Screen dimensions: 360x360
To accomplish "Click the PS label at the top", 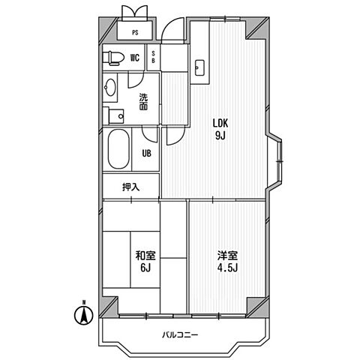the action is [135, 33].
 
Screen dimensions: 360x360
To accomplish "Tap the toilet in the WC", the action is [114, 58].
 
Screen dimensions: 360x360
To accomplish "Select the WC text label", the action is [134, 58].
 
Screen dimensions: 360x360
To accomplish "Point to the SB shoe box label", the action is [153, 57].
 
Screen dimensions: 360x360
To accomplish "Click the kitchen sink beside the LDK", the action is [199, 68].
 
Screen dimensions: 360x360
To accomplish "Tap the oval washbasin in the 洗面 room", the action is [110, 87].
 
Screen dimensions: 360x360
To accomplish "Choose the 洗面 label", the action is [143, 102].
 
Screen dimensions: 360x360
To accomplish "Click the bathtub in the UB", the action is [118, 149].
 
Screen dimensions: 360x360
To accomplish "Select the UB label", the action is [146, 153].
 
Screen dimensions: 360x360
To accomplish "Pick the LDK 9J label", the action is [220, 129].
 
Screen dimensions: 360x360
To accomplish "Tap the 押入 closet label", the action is [130, 187].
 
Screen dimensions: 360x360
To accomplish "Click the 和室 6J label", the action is [145, 261].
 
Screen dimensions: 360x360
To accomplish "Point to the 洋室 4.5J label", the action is [227, 261].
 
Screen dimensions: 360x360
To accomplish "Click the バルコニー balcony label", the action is [180, 334].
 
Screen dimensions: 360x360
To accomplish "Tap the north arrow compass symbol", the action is [84, 313].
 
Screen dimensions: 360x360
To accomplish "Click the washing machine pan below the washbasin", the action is [116, 116].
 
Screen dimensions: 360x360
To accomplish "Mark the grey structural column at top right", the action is [258, 28].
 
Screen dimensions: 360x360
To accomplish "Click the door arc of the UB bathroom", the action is [149, 136].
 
